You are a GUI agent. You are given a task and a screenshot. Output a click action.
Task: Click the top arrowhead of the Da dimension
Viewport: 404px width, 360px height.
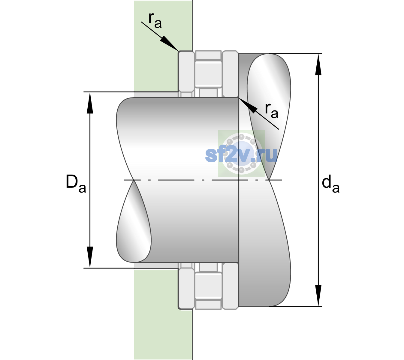[x=90, y=103]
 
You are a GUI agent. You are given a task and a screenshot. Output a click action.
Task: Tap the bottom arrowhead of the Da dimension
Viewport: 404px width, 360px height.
[x=90, y=257]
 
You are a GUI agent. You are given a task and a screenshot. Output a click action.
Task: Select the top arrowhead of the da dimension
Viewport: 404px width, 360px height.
[x=318, y=64]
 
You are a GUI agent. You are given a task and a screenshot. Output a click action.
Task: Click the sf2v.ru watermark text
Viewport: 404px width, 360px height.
[x=241, y=155]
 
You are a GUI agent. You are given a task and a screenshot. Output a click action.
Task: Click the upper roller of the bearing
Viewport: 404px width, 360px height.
[x=208, y=74]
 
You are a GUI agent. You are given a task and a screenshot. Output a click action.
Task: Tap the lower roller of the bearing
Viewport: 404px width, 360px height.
[x=208, y=285]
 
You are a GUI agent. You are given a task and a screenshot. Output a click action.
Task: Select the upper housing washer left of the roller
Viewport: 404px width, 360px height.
[x=186, y=74]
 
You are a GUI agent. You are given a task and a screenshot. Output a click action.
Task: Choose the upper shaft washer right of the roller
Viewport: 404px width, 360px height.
[x=230, y=74]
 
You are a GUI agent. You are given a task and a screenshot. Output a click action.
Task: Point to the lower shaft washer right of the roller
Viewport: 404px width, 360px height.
[x=230, y=286]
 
